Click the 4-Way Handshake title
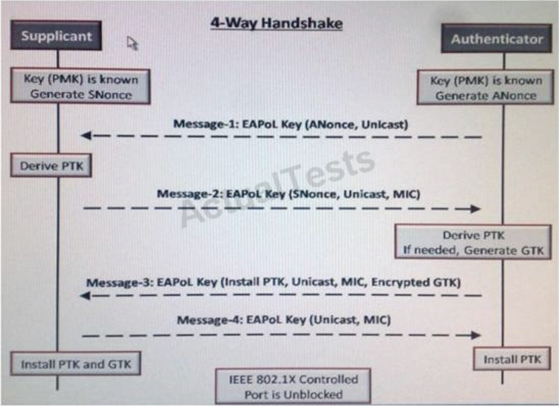[276, 23]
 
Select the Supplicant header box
[56, 36]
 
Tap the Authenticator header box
[497, 39]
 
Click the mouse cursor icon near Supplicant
[132, 43]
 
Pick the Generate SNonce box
[80, 87]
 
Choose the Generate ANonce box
[486, 88]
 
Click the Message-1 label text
[290, 124]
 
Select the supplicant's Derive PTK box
[51, 166]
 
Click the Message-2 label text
[288, 194]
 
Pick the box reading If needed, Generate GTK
[473, 242]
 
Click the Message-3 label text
[273, 282]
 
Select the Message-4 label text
[284, 320]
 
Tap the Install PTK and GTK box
[76, 364]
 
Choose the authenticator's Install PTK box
[512, 359]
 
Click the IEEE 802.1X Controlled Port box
[293, 386]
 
